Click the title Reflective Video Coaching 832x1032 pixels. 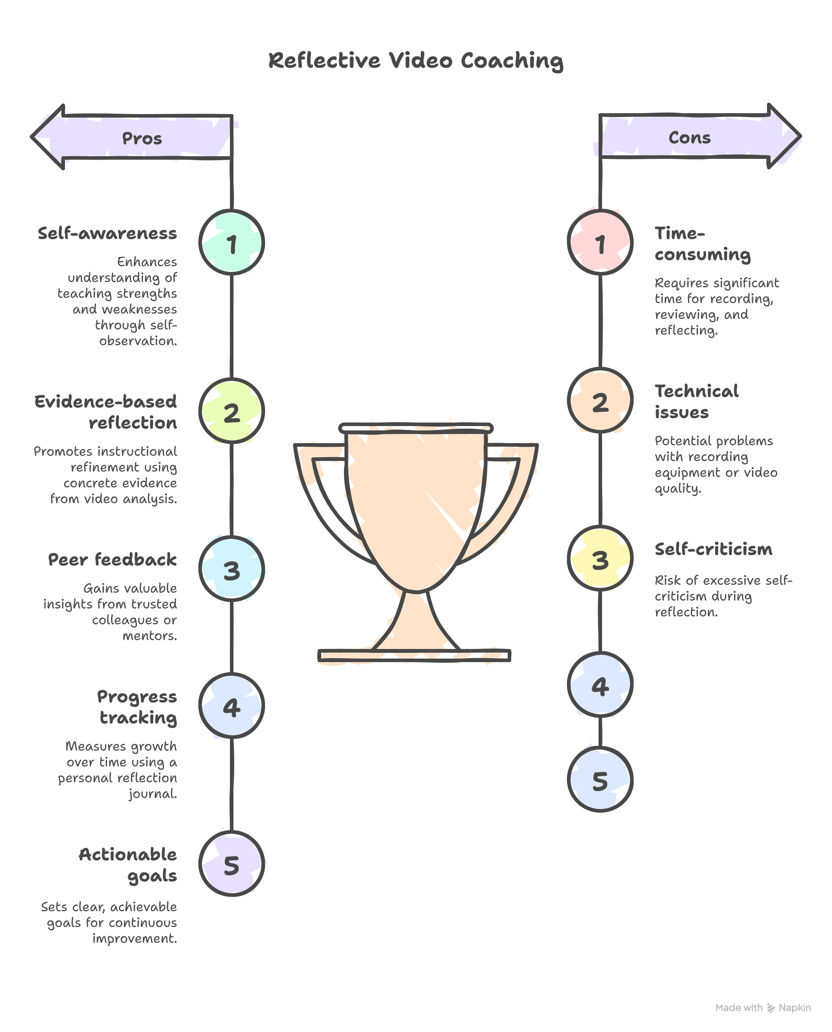tap(416, 61)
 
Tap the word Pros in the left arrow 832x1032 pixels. tap(142, 139)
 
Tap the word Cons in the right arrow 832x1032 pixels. tap(689, 138)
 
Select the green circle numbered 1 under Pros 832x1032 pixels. tap(232, 243)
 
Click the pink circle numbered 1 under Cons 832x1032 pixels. tap(600, 243)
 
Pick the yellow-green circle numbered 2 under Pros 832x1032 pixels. tap(232, 411)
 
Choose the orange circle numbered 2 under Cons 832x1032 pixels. tap(600, 401)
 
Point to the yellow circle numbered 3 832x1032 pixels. tap(600, 559)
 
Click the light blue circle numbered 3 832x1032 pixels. tap(232, 569)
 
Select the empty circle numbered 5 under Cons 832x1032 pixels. tap(600, 780)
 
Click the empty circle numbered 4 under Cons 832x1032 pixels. tap(600, 685)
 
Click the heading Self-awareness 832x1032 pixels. tap(108, 233)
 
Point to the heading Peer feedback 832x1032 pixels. tap(112, 559)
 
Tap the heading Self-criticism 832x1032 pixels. tap(713, 549)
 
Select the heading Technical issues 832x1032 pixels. tap(696, 401)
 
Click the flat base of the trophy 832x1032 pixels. tap(414, 656)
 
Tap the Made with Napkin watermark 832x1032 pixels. tap(763, 1007)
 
